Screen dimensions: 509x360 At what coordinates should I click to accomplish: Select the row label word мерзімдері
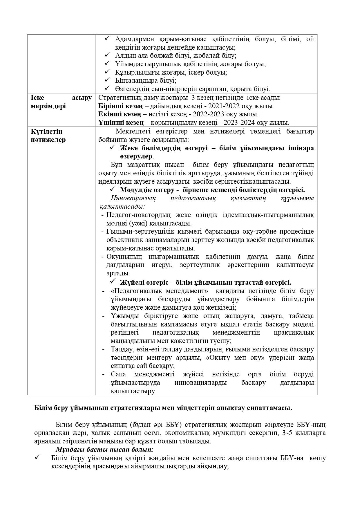point(48,106)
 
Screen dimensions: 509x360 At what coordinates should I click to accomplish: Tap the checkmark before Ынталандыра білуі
point(107,80)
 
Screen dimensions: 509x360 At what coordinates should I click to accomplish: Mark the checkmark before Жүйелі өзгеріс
point(113,281)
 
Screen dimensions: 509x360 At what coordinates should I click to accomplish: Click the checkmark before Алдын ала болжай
point(107,55)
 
